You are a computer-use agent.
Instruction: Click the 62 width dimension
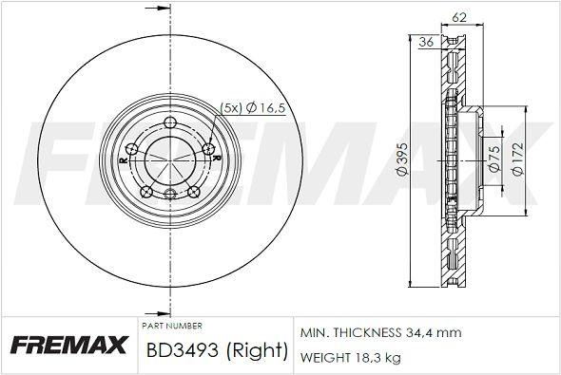coord(459,17)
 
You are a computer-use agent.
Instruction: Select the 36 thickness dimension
coord(426,42)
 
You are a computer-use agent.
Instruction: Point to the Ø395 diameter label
coord(402,159)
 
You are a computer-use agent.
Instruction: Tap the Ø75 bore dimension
coord(494,159)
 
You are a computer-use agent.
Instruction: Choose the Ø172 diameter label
coord(518,159)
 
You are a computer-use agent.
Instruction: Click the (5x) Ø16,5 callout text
coord(253,107)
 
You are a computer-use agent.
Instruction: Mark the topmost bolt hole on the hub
coord(170,122)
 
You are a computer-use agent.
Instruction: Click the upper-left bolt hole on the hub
coord(132,148)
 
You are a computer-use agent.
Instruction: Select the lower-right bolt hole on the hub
coord(194,192)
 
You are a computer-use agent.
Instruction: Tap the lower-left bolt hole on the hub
coord(146,192)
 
